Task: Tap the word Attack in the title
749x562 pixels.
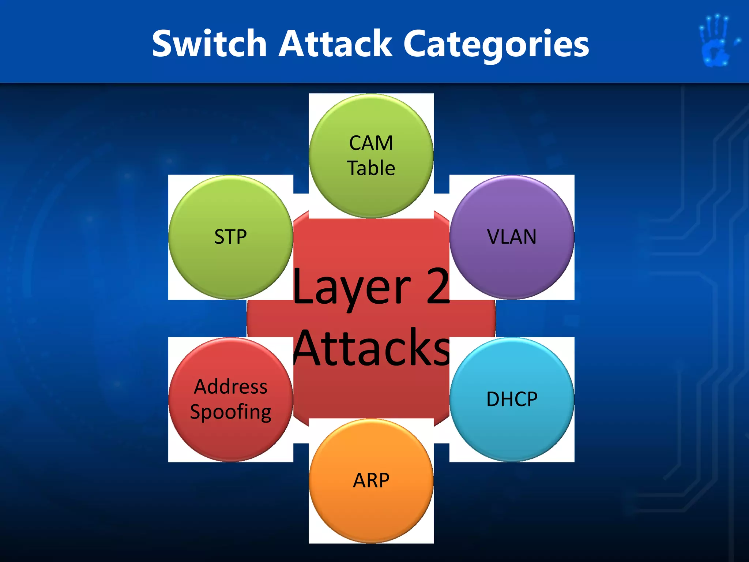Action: pos(335,44)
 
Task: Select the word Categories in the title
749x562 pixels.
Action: pos(496,45)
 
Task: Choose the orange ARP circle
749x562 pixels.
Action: pos(371,512)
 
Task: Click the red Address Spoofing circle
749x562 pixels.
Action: pos(230,439)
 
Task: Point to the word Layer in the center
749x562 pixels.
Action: pos(351,287)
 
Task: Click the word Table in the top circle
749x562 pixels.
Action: pos(371,168)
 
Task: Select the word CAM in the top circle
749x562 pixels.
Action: pos(371,143)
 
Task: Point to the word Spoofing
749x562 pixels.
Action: pos(230,412)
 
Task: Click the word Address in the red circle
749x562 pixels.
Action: pos(230,387)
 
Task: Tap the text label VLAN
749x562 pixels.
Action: pos(512,237)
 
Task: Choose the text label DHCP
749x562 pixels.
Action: pos(512,399)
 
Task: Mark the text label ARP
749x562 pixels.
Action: pos(371,480)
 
